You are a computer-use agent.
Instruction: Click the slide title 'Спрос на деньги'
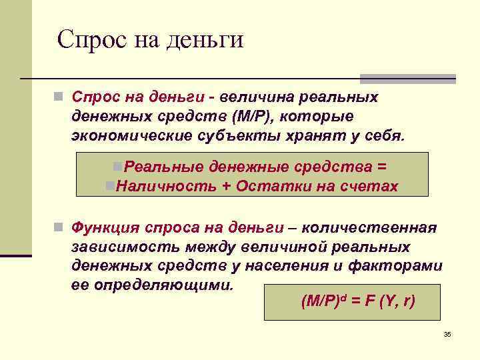coord(150,40)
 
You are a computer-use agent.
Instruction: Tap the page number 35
coord(447,334)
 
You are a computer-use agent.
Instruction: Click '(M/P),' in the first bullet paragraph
coord(254,116)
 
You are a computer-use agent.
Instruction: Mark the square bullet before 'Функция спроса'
coord(59,228)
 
